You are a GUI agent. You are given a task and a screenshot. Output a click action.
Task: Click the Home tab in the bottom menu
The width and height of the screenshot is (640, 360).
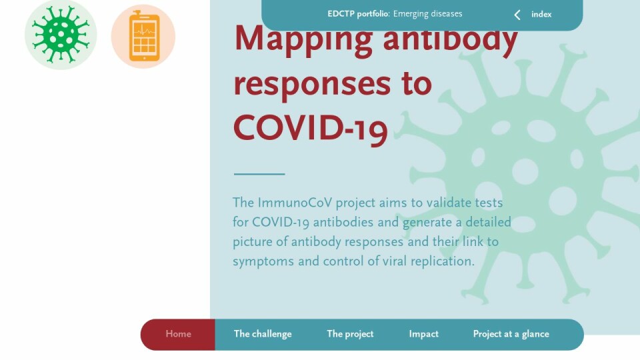pyautogui.click(x=178, y=334)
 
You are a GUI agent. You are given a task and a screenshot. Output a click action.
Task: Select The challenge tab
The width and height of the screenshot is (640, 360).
pyautogui.click(x=263, y=334)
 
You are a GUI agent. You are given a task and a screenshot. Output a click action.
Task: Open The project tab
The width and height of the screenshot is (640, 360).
pyautogui.click(x=350, y=334)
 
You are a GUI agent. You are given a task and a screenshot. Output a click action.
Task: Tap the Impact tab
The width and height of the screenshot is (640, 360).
pyautogui.click(x=424, y=334)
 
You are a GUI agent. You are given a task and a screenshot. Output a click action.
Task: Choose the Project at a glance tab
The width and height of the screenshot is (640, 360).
pyautogui.click(x=511, y=334)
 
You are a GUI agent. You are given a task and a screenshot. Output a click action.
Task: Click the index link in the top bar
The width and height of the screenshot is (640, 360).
pyautogui.click(x=541, y=14)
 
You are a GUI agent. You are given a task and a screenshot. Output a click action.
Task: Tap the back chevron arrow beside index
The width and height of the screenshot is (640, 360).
pyautogui.click(x=517, y=15)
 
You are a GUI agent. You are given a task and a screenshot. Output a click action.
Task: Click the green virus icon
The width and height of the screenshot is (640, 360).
pyautogui.click(x=61, y=35)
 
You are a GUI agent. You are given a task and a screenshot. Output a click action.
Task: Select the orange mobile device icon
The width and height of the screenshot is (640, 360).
pyautogui.click(x=143, y=36)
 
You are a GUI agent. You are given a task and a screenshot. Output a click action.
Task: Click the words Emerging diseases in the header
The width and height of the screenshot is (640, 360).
pyautogui.click(x=428, y=14)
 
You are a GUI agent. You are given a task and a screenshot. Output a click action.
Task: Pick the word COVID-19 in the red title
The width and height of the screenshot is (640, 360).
pyautogui.click(x=310, y=129)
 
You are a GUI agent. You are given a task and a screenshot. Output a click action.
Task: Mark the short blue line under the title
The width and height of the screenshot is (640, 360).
pyautogui.click(x=259, y=174)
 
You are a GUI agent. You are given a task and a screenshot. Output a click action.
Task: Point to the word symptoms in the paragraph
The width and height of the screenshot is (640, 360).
pyautogui.click(x=263, y=261)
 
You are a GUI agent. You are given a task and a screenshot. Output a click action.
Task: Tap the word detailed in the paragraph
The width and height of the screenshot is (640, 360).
pyautogui.click(x=488, y=222)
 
